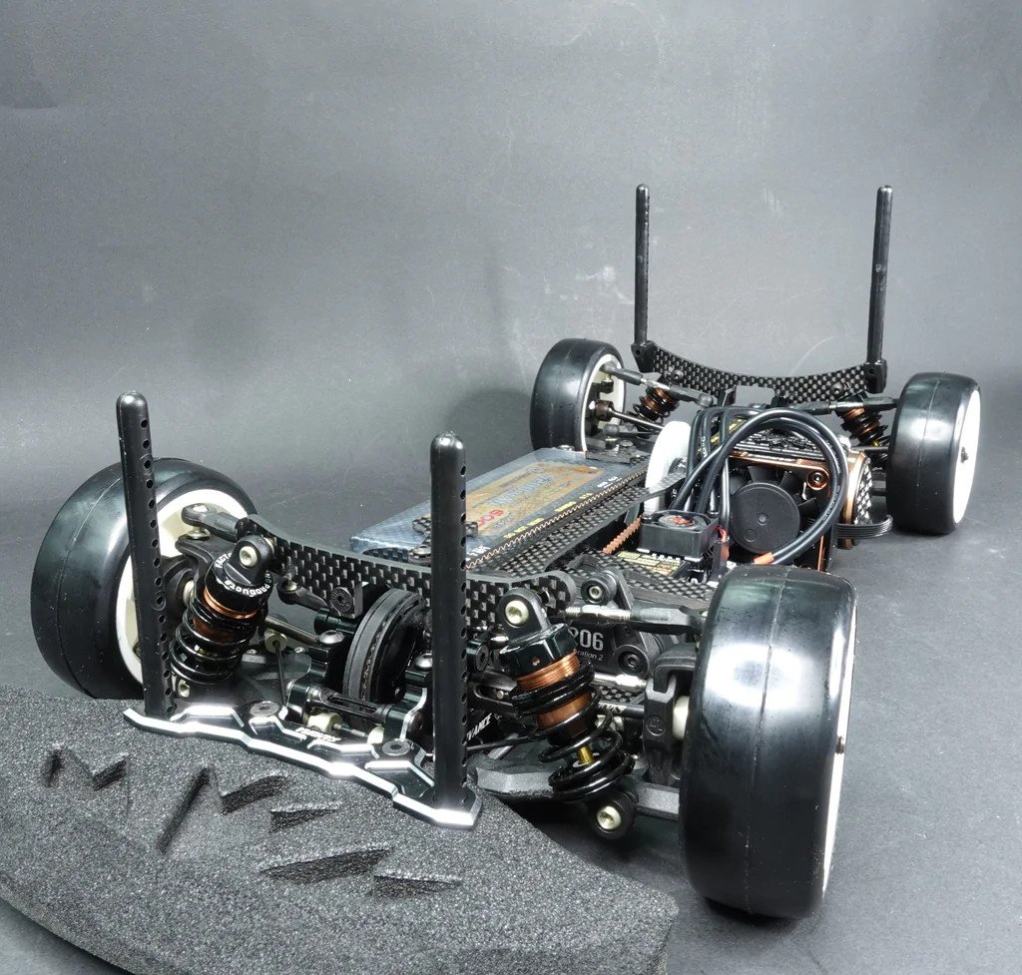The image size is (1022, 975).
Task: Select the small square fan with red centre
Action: click(x=681, y=531)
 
